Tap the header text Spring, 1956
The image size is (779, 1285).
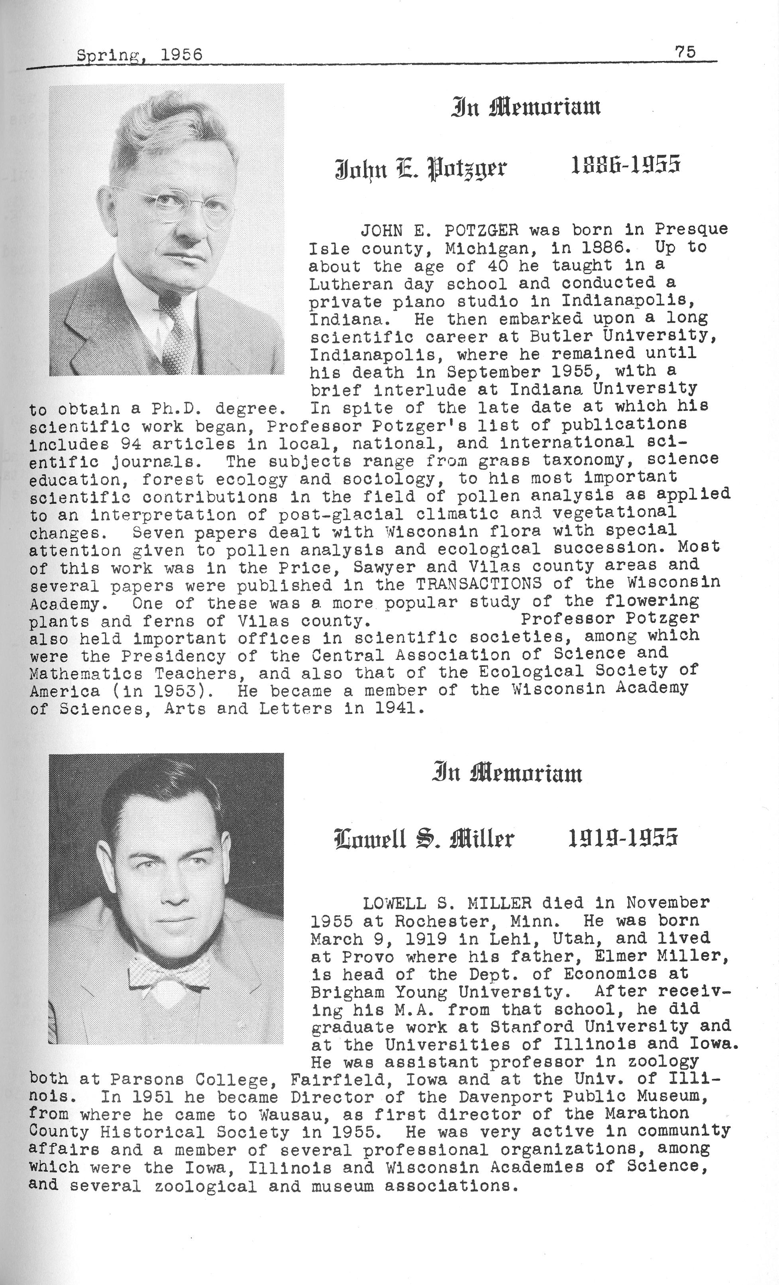point(139,55)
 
